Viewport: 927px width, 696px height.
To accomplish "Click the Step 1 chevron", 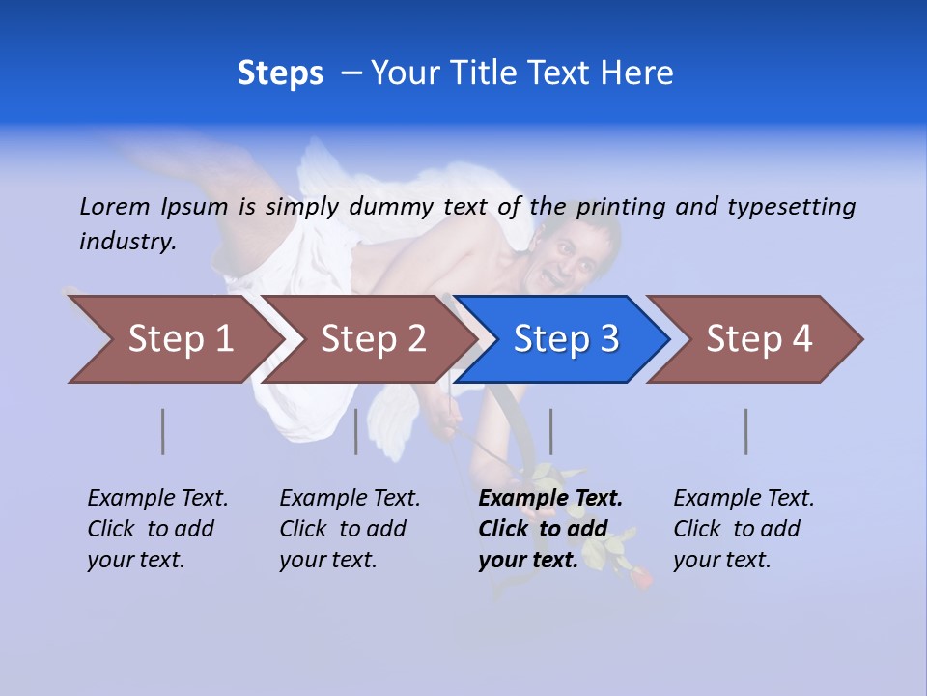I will (x=179, y=339).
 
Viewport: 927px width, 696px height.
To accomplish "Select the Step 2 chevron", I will (x=372, y=339).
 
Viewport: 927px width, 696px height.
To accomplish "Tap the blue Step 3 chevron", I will (x=565, y=339).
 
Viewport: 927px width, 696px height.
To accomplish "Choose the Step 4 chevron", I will (x=758, y=339).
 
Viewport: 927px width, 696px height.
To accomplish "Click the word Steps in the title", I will (x=280, y=73).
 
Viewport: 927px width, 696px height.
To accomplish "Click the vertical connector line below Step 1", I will (x=163, y=431).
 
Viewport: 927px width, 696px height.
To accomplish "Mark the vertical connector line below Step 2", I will (x=356, y=431).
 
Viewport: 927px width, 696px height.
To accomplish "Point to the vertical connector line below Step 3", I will (x=550, y=431).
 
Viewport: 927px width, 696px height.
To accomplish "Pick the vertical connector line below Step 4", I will (x=746, y=431).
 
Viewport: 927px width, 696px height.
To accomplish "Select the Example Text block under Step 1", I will (x=157, y=529).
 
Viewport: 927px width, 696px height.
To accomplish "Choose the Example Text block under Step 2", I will (x=350, y=529).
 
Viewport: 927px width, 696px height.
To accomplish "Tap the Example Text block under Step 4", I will (x=744, y=529).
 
